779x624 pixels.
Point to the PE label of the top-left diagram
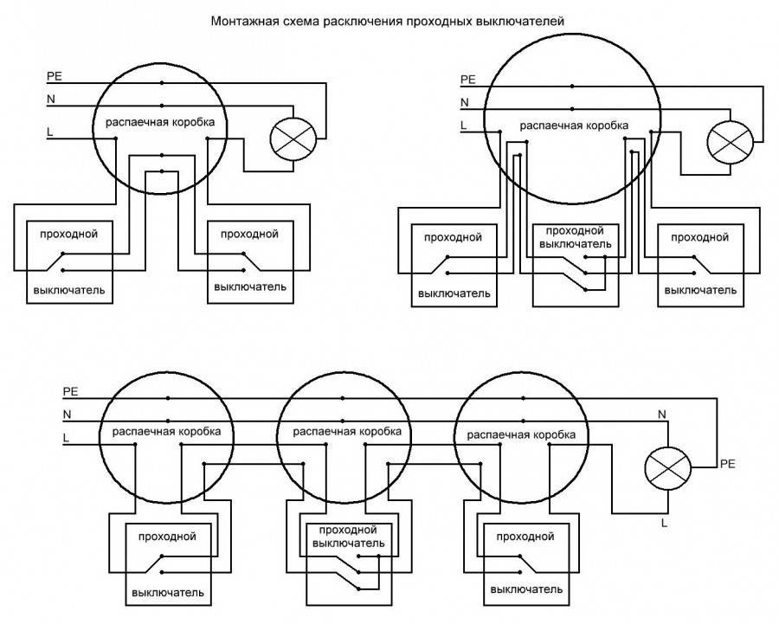point(54,77)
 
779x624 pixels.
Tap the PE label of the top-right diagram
point(468,80)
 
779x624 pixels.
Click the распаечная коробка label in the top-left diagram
point(160,125)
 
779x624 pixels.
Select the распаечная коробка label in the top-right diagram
point(574,126)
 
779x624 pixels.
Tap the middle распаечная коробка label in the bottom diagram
point(345,430)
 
